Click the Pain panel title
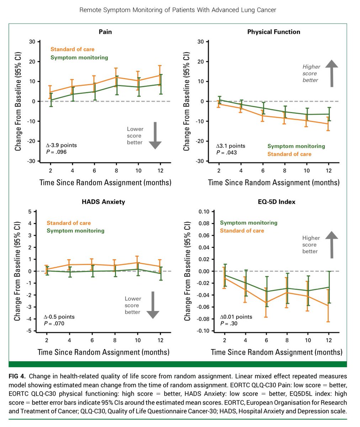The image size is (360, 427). [105, 32]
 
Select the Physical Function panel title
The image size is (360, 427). [274, 32]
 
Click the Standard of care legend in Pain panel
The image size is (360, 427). [73, 49]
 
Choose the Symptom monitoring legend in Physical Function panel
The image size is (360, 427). [296, 146]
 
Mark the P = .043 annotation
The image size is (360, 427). [226, 153]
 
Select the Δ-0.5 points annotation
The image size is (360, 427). [59, 317]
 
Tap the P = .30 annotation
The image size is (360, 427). [229, 323]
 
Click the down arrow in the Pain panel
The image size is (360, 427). [155, 135]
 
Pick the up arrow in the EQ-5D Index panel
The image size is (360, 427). [332, 244]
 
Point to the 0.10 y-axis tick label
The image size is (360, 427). [204, 212]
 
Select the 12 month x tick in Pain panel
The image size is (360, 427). [160, 171]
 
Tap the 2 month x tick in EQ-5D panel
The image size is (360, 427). [224, 341]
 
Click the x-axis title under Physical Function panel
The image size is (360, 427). [274, 183]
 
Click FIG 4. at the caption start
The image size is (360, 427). [19, 376]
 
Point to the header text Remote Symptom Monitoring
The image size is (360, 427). [178, 10]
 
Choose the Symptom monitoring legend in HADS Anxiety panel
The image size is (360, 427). [75, 231]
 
